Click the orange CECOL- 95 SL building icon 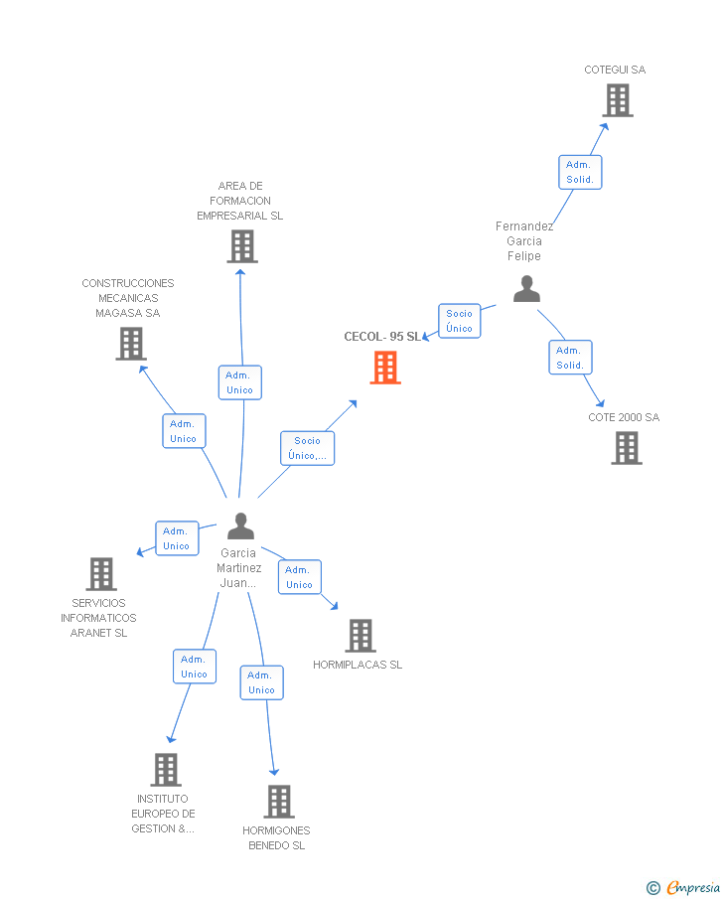tap(385, 368)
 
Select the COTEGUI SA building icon tap(617, 100)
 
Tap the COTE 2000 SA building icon tap(626, 448)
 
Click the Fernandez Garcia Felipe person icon tap(526, 289)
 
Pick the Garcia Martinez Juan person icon tap(240, 526)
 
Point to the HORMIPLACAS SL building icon tap(360, 636)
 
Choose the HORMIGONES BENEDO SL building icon tap(279, 802)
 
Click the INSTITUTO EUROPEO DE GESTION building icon tap(166, 770)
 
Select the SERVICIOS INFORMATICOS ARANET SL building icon tap(101, 574)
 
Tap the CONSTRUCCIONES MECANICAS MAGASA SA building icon tap(130, 344)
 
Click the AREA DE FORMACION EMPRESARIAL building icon tap(241, 246)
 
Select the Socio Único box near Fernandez tap(459, 321)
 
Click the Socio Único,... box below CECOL tap(307, 448)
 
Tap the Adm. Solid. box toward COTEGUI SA tap(579, 172)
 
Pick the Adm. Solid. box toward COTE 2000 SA tap(569, 358)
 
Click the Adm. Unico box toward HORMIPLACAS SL tap(299, 577)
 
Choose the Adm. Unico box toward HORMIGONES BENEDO tap(261, 682)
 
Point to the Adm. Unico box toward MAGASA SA tap(184, 431)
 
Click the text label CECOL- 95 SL tap(382, 337)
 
